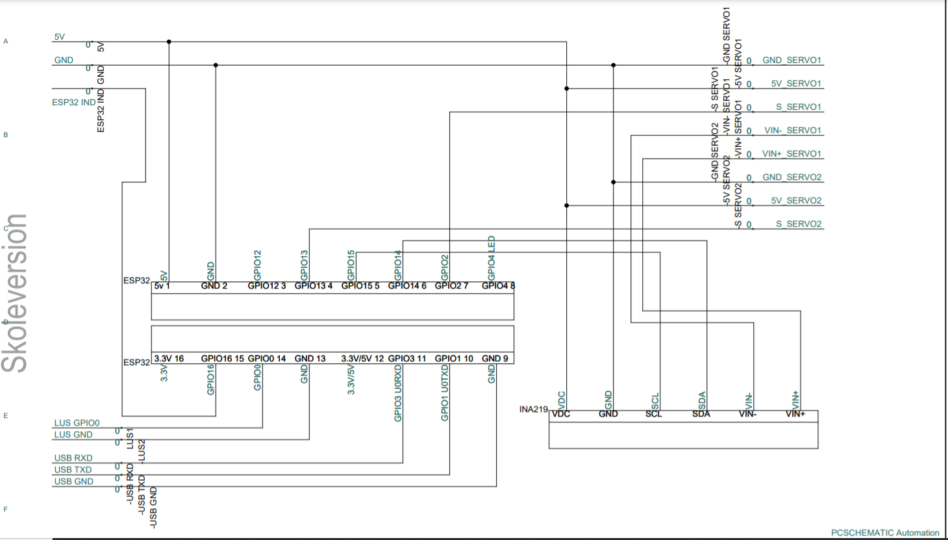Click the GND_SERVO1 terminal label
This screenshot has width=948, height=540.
click(x=792, y=60)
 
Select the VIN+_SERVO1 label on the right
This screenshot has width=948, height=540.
click(x=792, y=154)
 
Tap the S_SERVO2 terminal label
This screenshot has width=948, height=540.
click(x=798, y=224)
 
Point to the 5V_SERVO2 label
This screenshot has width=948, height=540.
click(x=796, y=201)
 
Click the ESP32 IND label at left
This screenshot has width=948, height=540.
click(x=73, y=103)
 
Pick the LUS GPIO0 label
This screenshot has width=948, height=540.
click(x=77, y=423)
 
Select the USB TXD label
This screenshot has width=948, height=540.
click(x=73, y=470)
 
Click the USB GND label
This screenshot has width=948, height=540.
click(x=73, y=482)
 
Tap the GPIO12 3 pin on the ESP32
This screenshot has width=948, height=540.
click(x=267, y=286)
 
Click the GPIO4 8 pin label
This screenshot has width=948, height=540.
click(x=498, y=286)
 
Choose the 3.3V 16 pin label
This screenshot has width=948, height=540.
click(x=169, y=359)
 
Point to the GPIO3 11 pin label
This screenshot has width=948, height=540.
click(x=407, y=359)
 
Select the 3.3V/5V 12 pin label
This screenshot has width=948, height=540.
click(x=362, y=359)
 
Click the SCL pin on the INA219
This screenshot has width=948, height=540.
click(x=654, y=414)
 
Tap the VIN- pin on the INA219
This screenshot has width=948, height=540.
click(x=747, y=414)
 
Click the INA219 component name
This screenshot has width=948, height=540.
click(x=533, y=409)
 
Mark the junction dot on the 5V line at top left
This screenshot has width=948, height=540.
click(x=169, y=42)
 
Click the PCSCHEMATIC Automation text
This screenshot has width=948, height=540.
click(x=885, y=533)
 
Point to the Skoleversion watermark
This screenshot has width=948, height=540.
click(x=16, y=293)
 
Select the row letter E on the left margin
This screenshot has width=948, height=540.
click(x=6, y=416)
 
